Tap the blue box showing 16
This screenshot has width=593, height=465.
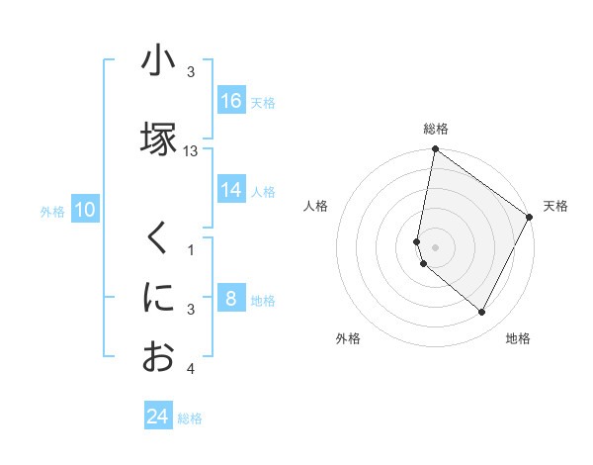click(x=231, y=101)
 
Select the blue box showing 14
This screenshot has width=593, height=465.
click(x=231, y=190)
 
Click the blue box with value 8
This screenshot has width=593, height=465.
click(x=231, y=299)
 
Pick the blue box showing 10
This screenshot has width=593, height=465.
click(x=85, y=210)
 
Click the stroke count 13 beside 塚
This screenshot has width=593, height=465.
click(x=191, y=150)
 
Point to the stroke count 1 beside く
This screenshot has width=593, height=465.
click(x=191, y=248)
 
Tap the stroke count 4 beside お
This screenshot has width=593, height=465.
click(x=191, y=370)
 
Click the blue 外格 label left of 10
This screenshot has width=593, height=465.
click(x=51, y=211)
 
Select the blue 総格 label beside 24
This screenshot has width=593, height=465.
click(x=190, y=418)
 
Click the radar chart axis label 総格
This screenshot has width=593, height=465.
click(x=436, y=129)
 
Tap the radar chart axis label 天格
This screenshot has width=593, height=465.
click(x=555, y=206)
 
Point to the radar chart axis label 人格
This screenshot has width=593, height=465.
click(x=316, y=206)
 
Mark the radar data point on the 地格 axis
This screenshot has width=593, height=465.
click(x=482, y=313)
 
